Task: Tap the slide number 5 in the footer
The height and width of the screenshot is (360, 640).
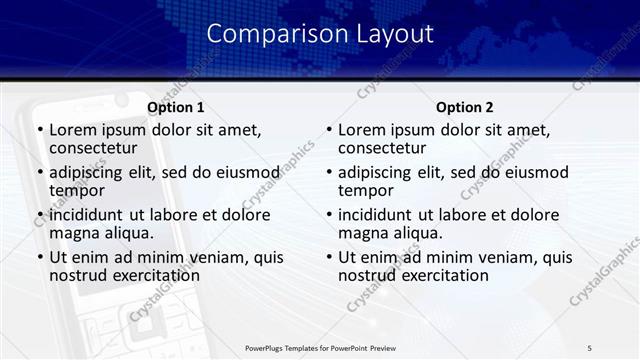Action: pyautogui.click(x=590, y=347)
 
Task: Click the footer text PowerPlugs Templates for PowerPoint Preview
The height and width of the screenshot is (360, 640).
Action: pyautogui.click(x=319, y=347)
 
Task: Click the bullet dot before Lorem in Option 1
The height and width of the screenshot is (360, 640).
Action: pyautogui.click(x=39, y=131)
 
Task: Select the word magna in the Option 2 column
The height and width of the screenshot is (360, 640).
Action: pyautogui.click(x=361, y=233)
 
